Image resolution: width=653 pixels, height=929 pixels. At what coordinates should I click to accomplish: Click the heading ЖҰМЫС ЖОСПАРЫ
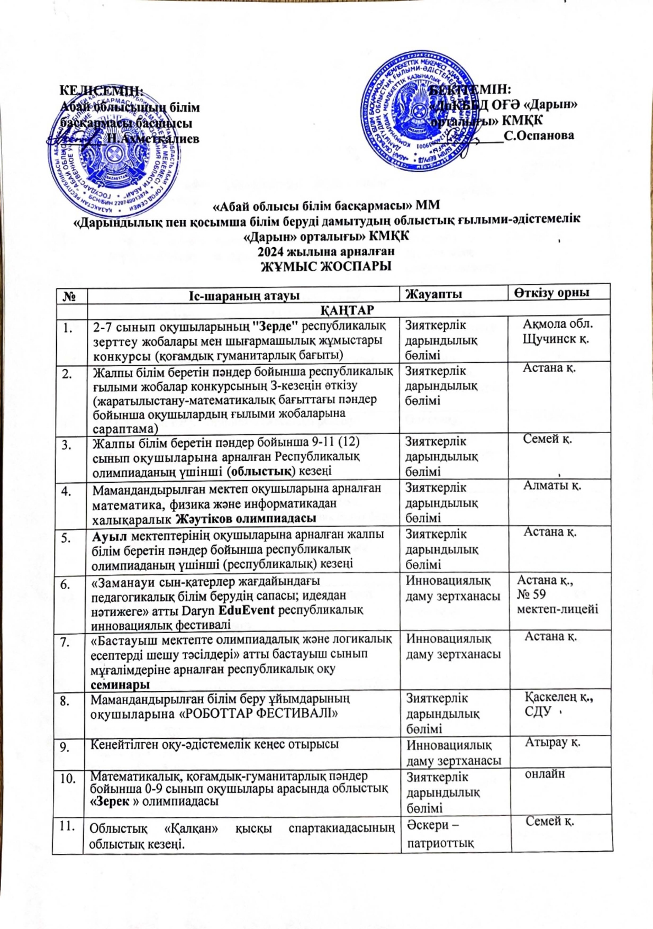coord(326,266)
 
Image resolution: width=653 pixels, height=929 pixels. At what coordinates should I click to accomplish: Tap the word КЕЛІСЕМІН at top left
coord(101,91)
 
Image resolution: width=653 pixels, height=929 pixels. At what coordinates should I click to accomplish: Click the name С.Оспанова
coord(539,136)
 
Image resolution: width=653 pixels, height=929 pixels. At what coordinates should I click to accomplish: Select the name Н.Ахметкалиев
coord(153,139)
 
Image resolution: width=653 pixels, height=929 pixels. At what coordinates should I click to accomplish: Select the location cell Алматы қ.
coord(552,485)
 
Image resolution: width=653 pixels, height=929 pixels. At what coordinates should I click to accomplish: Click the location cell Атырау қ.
coord(552,742)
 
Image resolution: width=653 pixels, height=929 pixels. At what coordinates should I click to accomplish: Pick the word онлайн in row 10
coord(545,774)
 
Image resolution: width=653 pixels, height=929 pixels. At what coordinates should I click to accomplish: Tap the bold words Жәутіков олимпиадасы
coord(246,518)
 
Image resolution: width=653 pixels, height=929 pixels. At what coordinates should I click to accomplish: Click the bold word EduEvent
coord(247,610)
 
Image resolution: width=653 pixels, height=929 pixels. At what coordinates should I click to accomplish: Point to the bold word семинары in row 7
coord(120,684)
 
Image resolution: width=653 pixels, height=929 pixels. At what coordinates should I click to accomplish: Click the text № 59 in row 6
coord(531,594)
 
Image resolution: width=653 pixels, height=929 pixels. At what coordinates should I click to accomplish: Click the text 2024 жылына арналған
coord(326,251)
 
